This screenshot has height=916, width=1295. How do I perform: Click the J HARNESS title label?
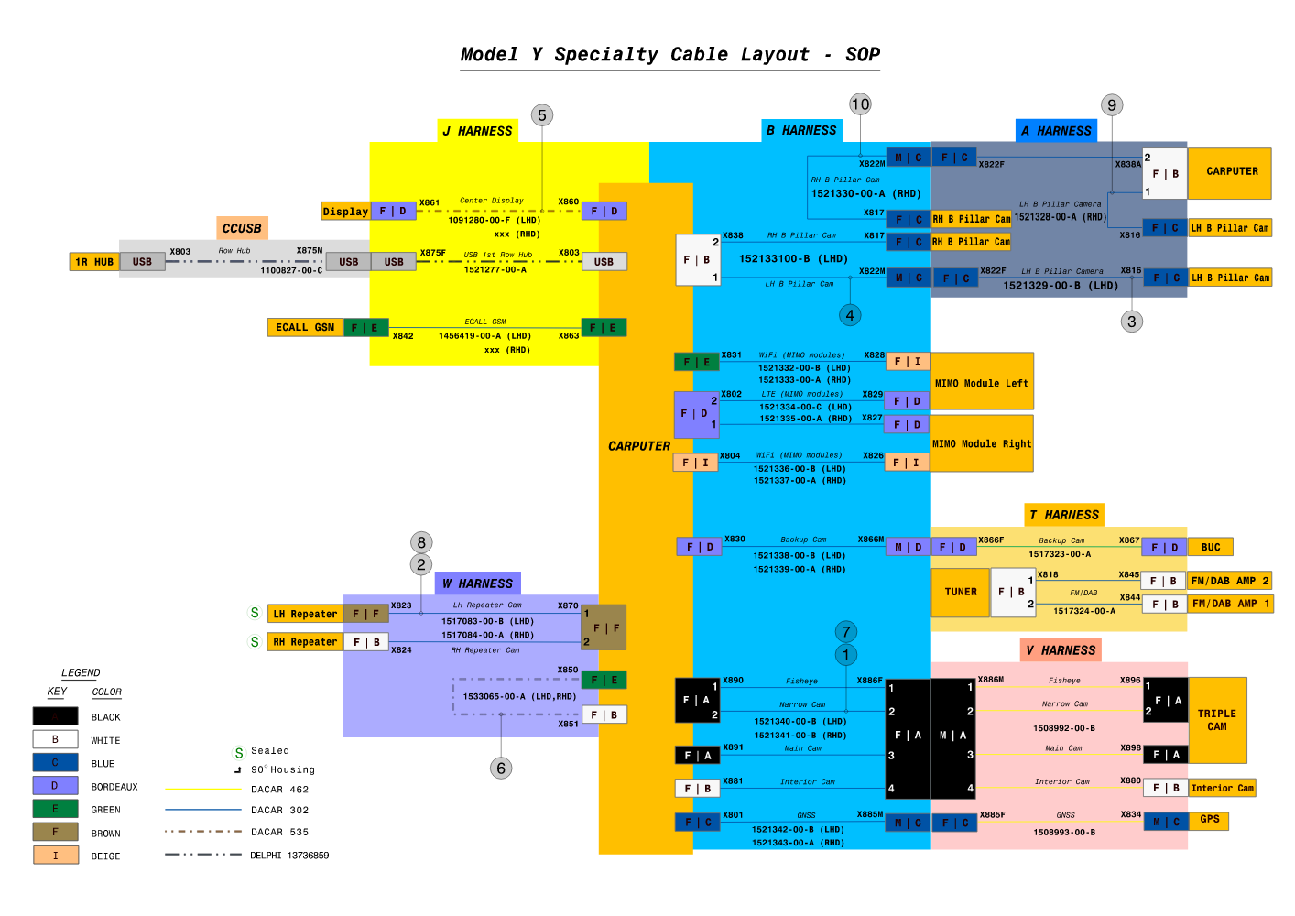click(478, 131)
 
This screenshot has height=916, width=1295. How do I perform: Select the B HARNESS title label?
click(801, 130)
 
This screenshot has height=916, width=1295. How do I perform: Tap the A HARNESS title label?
click(1056, 130)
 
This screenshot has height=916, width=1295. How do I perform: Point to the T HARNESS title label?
click(1063, 515)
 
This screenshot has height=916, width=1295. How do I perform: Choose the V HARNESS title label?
click(1061, 650)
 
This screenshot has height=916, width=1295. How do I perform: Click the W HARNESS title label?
click(477, 583)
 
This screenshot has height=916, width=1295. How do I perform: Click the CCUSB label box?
click(242, 228)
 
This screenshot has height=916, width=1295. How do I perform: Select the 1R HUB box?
click(94, 262)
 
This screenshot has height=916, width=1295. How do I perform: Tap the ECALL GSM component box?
click(305, 327)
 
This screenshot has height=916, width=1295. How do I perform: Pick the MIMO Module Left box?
click(982, 382)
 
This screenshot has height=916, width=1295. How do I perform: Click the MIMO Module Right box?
click(982, 443)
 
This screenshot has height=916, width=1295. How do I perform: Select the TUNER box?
click(960, 592)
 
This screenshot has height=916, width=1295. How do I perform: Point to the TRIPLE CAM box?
click(1217, 720)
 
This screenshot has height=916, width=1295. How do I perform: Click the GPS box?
click(1210, 820)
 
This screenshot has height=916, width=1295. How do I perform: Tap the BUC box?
click(1211, 547)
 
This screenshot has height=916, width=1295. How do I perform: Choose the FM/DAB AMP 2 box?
click(1230, 581)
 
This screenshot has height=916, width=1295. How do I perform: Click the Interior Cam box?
click(1223, 788)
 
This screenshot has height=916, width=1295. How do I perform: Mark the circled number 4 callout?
click(850, 315)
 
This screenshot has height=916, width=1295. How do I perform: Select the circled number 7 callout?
click(846, 631)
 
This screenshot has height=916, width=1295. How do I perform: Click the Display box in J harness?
click(345, 212)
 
